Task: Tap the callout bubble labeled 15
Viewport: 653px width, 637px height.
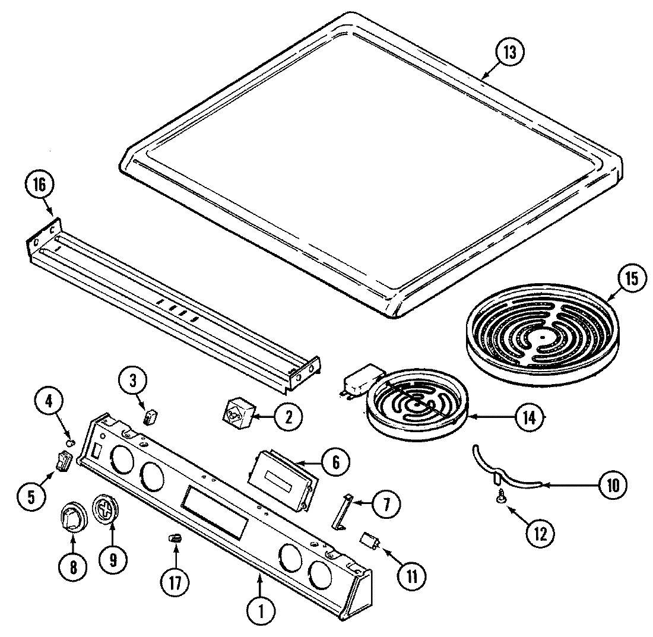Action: click(630, 278)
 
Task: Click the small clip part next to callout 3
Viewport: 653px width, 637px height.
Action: click(151, 416)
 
